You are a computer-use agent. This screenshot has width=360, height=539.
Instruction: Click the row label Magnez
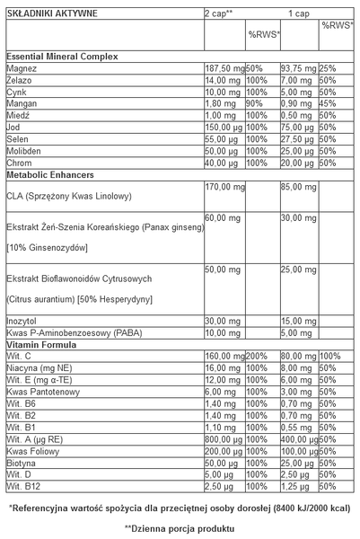tap(21, 68)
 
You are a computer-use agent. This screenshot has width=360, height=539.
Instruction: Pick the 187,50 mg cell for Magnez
tap(224, 68)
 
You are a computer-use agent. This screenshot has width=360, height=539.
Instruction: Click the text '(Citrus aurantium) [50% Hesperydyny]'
tap(79, 298)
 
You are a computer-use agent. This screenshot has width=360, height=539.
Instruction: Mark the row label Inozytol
tap(22, 323)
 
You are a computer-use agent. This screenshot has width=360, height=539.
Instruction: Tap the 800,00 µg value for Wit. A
tap(224, 439)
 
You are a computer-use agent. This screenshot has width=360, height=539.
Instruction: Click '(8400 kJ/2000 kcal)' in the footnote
tap(306, 508)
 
